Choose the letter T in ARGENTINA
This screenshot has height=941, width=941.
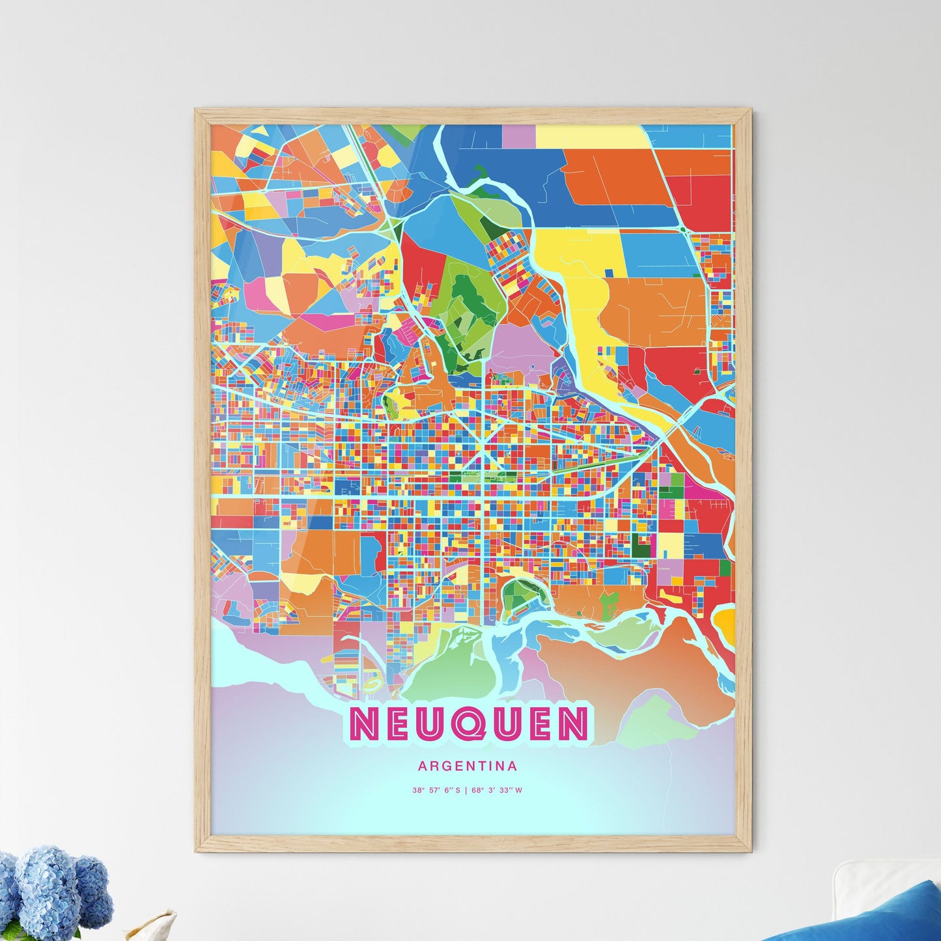click(486, 766)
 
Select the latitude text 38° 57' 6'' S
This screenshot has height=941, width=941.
click(436, 791)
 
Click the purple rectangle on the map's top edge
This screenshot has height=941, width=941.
click(518, 136)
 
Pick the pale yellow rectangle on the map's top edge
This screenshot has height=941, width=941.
click(589, 136)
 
